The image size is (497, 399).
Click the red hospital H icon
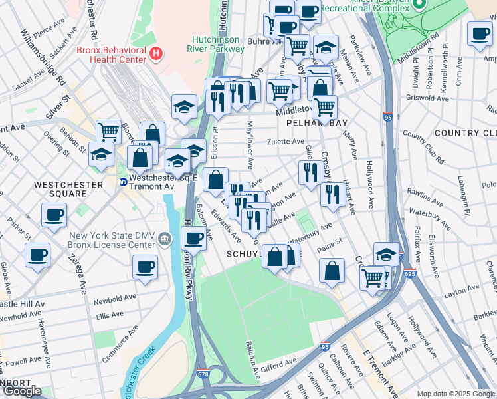156,53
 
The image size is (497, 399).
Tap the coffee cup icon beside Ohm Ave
480,34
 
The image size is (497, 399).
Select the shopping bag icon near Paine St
332,271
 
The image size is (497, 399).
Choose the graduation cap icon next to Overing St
100,155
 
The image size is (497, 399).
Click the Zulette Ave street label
286,142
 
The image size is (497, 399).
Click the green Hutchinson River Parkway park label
219,45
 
